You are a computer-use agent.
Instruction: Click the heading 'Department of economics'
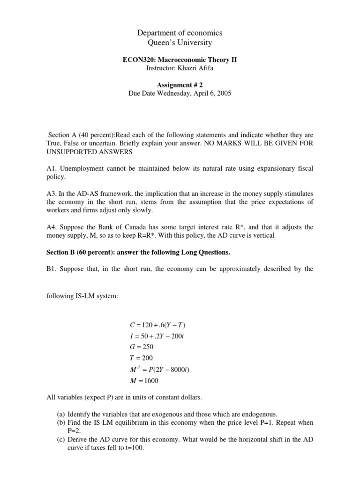click(x=180, y=33)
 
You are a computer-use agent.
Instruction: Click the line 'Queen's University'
click(x=180, y=43)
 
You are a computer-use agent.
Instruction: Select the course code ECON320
click(x=136, y=60)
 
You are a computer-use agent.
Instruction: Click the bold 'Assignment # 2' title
click(x=180, y=85)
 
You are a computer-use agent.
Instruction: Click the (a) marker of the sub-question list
click(x=61, y=414)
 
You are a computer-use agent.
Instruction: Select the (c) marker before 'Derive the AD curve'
click(x=61, y=439)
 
